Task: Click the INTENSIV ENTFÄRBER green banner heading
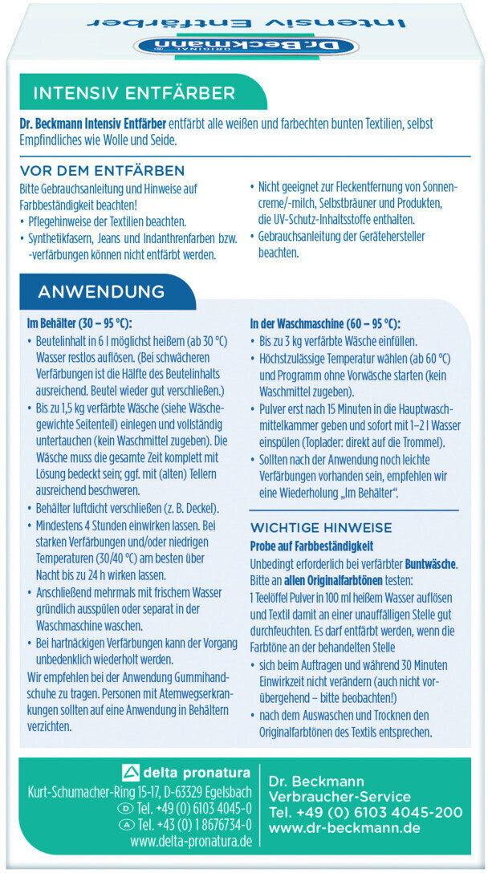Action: click(x=134, y=93)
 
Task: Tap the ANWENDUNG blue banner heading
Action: click(x=100, y=290)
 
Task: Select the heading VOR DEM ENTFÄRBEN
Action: click(x=102, y=171)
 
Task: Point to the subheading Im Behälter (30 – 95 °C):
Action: click(x=79, y=324)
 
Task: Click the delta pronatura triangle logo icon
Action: click(x=129, y=774)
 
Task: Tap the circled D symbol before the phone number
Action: click(x=126, y=808)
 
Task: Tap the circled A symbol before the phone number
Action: click(x=126, y=825)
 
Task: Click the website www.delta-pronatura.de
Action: click(x=191, y=842)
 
